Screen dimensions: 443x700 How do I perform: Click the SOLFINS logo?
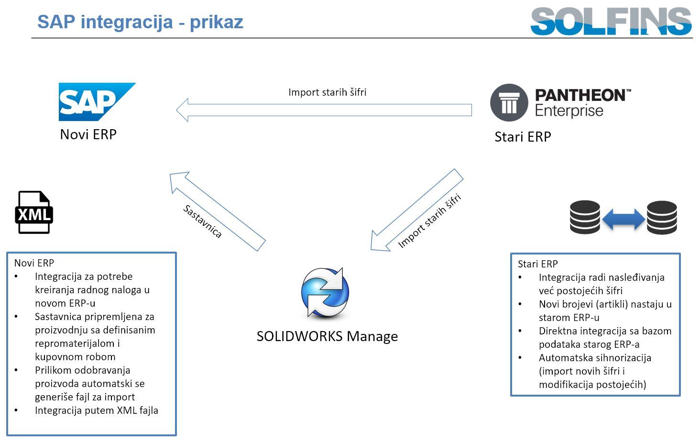point(611,22)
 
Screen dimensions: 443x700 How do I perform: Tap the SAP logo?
point(96,101)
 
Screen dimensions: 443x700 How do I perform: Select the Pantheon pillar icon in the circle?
point(509,102)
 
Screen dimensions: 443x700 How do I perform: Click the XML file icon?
point(34,212)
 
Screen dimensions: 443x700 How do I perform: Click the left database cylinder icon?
point(585,217)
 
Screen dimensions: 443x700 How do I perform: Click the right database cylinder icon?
point(662,217)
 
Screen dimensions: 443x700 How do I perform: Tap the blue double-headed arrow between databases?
point(623,219)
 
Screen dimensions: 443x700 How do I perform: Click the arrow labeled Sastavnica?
point(218,211)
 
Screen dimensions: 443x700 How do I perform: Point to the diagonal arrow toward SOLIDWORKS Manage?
point(416,210)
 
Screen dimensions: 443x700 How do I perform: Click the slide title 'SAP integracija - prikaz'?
point(140,22)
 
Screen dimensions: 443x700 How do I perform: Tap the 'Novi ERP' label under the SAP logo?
point(88,134)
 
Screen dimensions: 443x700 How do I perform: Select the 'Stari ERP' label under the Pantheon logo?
point(523,137)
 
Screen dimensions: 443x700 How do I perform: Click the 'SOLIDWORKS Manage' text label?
point(327,336)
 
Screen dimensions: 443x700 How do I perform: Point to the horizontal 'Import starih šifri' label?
point(327,92)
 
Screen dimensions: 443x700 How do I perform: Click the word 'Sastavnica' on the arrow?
point(203,221)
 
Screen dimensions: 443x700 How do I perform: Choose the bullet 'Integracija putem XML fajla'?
point(96,410)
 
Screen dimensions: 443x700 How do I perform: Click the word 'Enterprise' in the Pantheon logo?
point(569,111)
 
